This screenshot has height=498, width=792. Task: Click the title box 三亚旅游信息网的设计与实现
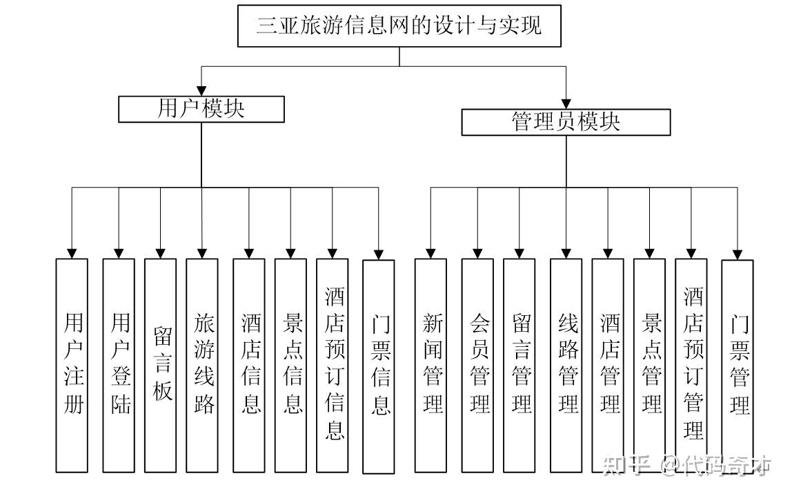(399, 26)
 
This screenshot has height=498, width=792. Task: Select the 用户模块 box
(201, 109)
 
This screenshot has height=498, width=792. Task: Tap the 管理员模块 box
(566, 122)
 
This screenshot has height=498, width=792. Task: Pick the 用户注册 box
(72, 365)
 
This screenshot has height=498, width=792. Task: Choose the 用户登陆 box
(119, 365)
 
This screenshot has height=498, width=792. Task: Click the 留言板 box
(161, 365)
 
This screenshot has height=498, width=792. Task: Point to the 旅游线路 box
(202, 365)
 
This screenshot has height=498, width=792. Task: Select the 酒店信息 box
(249, 365)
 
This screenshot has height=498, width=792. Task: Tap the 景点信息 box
(290, 365)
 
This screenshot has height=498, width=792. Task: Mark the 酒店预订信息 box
(333, 365)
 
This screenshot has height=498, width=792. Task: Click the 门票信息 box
(379, 366)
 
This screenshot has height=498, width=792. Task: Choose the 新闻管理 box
(430, 365)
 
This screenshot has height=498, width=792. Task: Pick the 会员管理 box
(477, 365)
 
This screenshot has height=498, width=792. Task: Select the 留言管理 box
(519, 365)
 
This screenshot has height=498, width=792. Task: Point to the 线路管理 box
(566, 365)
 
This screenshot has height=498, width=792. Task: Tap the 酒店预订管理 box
(691, 365)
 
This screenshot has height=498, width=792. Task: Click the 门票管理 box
(737, 366)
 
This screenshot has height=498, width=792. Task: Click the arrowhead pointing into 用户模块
(201, 90)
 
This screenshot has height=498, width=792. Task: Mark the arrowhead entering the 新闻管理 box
(430, 253)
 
